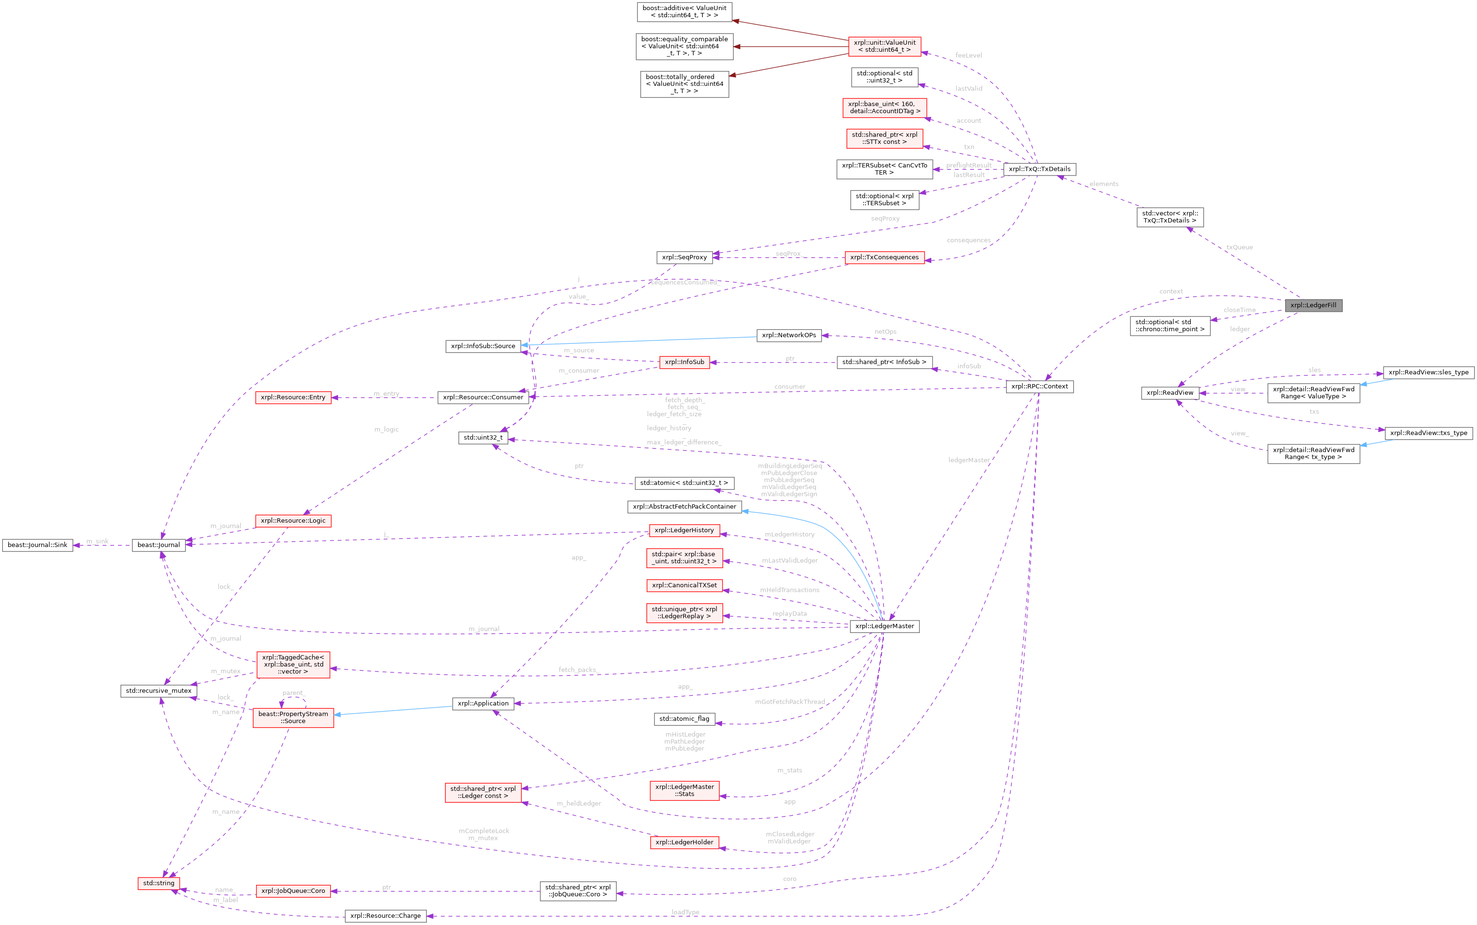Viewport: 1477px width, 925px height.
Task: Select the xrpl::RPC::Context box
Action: point(1039,386)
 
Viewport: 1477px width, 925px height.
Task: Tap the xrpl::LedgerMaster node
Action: point(884,626)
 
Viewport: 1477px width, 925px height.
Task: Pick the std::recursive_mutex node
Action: point(158,691)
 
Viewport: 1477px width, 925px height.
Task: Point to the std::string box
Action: point(158,883)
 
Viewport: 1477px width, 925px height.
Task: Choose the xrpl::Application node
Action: point(483,703)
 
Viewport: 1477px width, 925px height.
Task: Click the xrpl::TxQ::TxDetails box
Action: point(1039,169)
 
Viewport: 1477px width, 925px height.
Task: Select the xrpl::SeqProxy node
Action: point(684,258)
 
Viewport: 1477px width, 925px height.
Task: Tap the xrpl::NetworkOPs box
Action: point(789,335)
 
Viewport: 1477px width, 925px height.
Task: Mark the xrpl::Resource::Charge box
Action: point(386,916)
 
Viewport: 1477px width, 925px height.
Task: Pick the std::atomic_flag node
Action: point(684,719)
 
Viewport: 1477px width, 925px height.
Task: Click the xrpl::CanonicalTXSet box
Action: point(684,585)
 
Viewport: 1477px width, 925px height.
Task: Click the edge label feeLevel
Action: point(969,56)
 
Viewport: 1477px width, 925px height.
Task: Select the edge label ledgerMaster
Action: point(969,460)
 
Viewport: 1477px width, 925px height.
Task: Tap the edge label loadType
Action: point(685,912)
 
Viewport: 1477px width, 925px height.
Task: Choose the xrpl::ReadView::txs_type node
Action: point(1428,433)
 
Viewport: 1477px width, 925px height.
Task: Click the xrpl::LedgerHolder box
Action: point(684,843)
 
